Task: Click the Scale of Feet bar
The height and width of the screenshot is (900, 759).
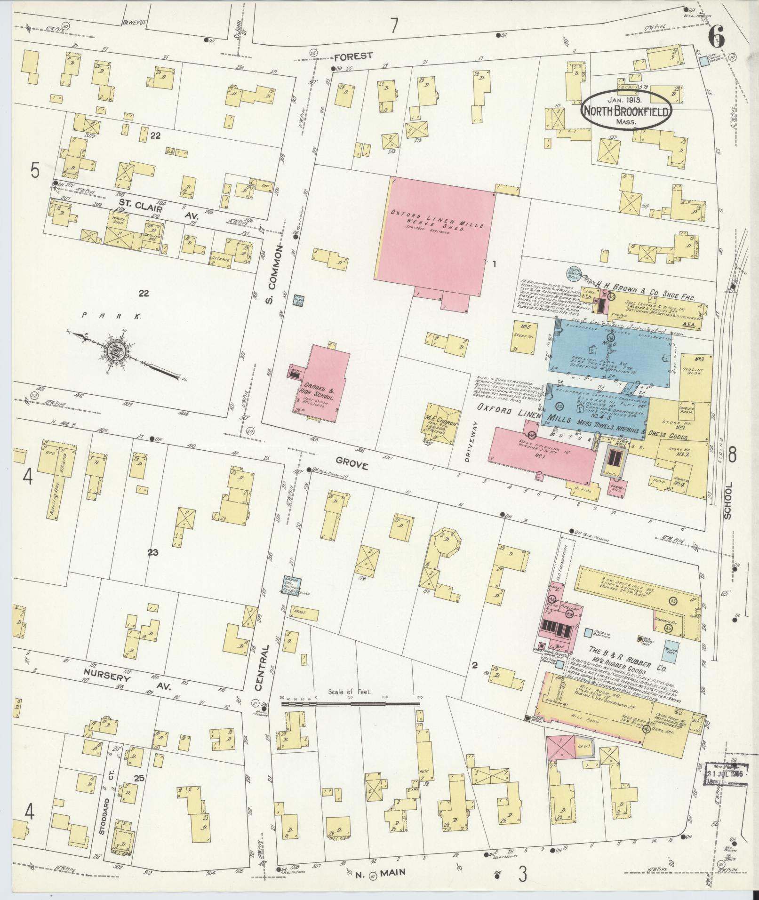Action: pos(351,704)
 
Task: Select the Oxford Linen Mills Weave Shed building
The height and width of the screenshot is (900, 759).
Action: pos(435,232)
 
